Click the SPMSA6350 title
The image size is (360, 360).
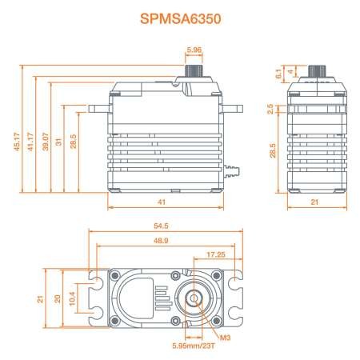click(181, 19)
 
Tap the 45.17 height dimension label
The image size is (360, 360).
click(17, 142)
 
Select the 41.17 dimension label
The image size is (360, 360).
click(30, 142)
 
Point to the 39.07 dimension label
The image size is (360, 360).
click(46, 142)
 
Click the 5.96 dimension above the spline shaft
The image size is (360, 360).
click(194, 50)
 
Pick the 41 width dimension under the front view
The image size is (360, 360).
click(162, 202)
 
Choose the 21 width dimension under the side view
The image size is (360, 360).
click(314, 202)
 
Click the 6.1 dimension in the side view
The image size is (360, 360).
click(278, 74)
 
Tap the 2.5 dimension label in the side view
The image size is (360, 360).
click(270, 109)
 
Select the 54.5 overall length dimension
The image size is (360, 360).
click(161, 226)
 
